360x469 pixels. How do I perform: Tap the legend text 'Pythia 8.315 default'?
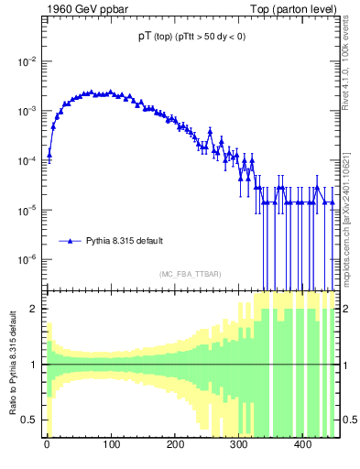click(x=125, y=241)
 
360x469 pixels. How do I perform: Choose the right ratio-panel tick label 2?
click(x=344, y=309)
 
